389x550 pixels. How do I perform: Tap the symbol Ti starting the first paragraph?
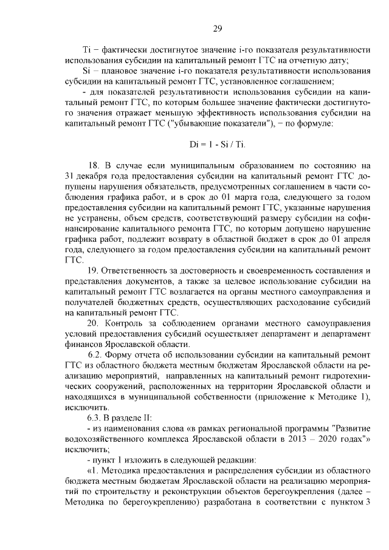(x=86, y=49)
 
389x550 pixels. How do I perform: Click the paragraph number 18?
(x=94, y=165)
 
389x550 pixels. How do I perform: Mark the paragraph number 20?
(x=94, y=321)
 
